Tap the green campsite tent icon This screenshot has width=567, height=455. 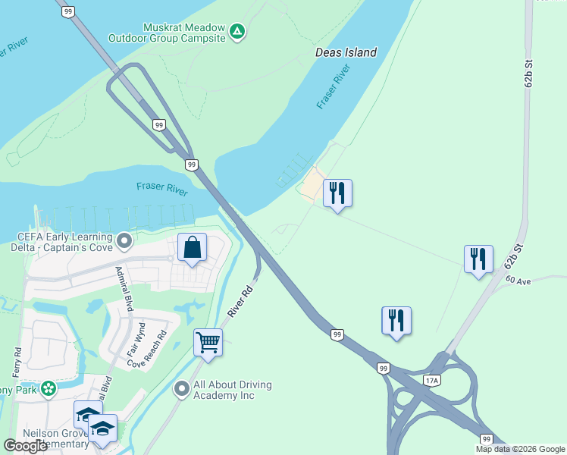237,32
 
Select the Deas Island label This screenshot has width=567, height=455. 346,53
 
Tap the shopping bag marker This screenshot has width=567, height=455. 193,247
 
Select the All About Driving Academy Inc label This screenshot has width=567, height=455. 233,391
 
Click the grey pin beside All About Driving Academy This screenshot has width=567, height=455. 182,390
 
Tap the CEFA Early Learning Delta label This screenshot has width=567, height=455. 64,242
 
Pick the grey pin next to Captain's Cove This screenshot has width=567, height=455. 125,242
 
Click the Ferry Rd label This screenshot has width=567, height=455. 17,362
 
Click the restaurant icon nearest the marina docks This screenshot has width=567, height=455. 337,193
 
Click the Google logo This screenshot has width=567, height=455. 25,446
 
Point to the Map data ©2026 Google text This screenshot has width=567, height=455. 520,449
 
